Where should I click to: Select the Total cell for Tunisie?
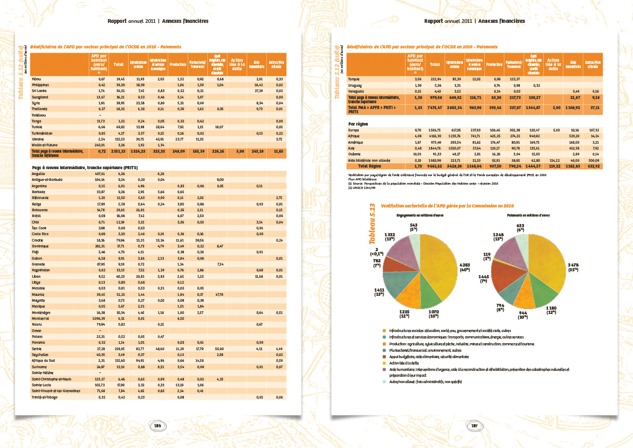[x=120, y=127]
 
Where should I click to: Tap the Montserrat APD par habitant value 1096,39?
[x=99, y=318]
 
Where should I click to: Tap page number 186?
[x=158, y=425]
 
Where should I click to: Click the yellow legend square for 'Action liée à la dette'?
[x=384, y=362]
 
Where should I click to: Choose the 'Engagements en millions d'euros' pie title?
[x=420, y=215]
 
